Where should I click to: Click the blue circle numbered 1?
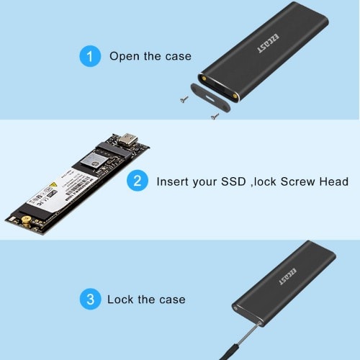click(90, 56)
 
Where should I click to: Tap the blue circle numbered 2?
click(138, 181)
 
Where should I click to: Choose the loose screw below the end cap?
click(213, 115)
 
